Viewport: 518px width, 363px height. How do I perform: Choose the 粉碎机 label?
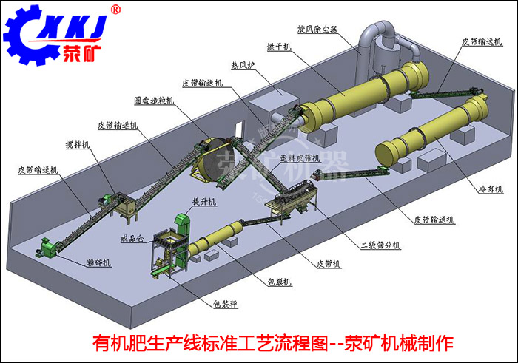point(99,262)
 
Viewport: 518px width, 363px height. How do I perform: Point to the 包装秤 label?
point(226,302)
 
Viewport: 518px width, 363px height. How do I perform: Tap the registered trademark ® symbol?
point(115,10)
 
